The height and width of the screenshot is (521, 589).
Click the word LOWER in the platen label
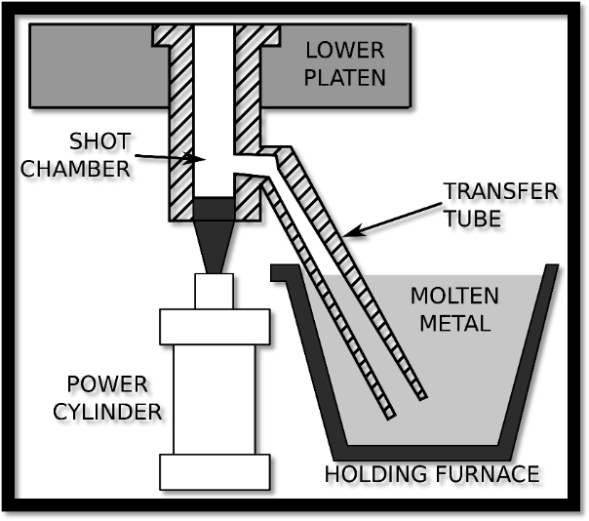[346, 50]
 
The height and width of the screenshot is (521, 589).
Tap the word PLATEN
[346, 77]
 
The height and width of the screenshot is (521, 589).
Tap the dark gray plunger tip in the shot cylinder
[216, 209]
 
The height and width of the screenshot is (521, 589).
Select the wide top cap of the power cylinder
[216, 327]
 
